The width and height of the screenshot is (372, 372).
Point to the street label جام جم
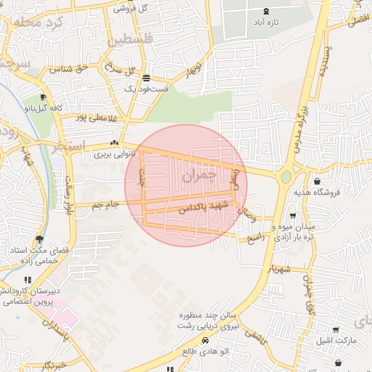click(x=105, y=206)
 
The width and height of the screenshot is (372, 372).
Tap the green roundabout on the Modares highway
click(x=286, y=177)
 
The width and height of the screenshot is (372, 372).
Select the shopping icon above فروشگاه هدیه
click(x=317, y=181)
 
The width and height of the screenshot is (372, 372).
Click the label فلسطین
click(x=131, y=41)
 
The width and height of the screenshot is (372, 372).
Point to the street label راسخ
click(x=259, y=237)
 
